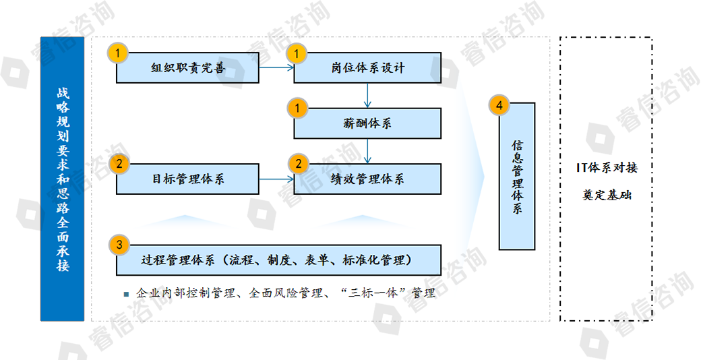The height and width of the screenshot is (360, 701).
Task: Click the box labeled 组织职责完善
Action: pyautogui.click(x=187, y=67)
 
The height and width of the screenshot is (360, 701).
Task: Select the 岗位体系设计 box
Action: pyautogui.click(x=367, y=67)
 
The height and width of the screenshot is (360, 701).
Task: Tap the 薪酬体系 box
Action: pyautogui.click(x=367, y=123)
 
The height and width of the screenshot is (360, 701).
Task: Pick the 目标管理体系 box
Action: pyautogui.click(x=187, y=179)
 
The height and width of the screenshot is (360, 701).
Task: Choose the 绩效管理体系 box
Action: pyautogui.click(x=367, y=179)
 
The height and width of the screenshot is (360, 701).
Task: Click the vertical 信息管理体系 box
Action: pyautogui.click(x=517, y=176)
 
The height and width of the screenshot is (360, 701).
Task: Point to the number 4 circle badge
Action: pyautogui.click(x=499, y=105)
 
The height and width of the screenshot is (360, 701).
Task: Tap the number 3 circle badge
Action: pyautogui.click(x=119, y=245)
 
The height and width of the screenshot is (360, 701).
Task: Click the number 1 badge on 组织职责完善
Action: pyautogui.click(x=118, y=54)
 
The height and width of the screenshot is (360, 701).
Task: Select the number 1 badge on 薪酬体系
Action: pyautogui.click(x=298, y=109)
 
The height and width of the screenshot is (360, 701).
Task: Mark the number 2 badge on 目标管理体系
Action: pyautogui.click(x=119, y=164)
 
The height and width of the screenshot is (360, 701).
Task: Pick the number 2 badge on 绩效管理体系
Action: pyautogui.click(x=299, y=164)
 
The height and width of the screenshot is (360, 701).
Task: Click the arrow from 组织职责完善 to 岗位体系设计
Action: pyautogui.click(x=276, y=67)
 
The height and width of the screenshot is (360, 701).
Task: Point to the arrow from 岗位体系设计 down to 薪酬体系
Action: pyautogui.click(x=367, y=95)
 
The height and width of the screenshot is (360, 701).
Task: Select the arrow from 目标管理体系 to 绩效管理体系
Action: pyautogui.click(x=276, y=179)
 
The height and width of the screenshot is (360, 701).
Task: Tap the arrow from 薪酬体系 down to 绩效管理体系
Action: pyautogui.click(x=367, y=151)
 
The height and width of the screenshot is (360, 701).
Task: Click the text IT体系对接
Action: pyautogui.click(x=607, y=168)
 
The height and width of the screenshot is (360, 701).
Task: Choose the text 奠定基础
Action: pyautogui.click(x=607, y=195)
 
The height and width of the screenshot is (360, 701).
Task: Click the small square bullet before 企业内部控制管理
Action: pyautogui.click(x=126, y=294)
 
